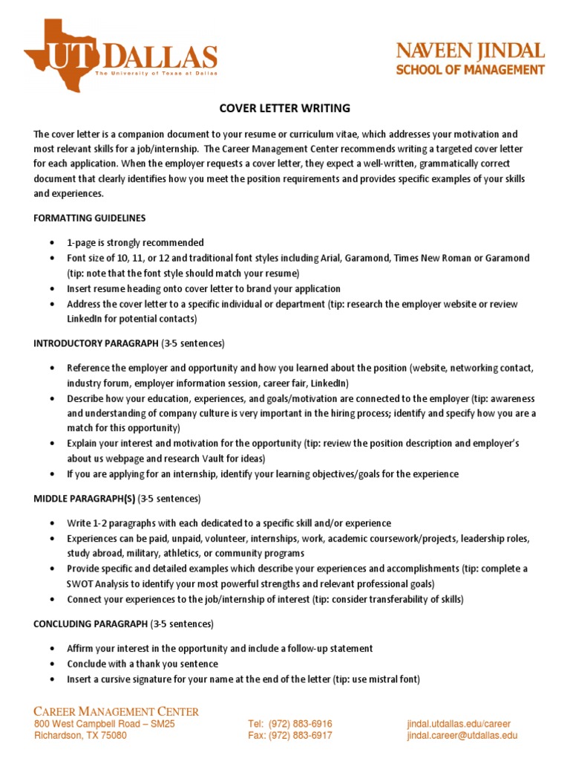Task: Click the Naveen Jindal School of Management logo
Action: click(x=470, y=59)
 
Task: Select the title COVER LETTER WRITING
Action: click(x=285, y=109)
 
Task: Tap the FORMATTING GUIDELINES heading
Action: click(x=90, y=218)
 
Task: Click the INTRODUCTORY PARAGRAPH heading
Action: click(x=96, y=343)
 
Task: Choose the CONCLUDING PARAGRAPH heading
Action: click(x=91, y=623)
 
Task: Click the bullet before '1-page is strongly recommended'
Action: click(x=51, y=243)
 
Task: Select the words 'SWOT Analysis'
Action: click(x=98, y=584)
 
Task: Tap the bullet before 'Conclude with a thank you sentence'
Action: click(x=51, y=664)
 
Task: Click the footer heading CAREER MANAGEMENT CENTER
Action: click(x=117, y=711)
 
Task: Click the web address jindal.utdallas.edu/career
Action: click(x=459, y=724)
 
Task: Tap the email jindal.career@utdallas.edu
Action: click(x=462, y=736)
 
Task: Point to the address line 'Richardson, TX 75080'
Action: click(x=81, y=736)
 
